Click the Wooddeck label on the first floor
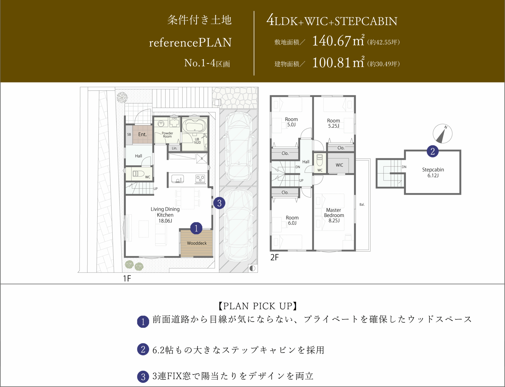point(197,243)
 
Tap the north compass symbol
point(442,134)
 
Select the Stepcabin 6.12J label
point(433,172)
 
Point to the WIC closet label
point(339,165)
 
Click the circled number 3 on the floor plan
point(219,203)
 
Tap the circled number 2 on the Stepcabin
point(433,151)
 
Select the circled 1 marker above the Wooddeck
point(196,228)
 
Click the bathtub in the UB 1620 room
point(194,126)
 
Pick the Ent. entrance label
point(142,134)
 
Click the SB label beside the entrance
point(129,134)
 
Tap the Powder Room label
point(167,135)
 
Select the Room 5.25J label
point(334,123)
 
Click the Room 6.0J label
point(292,220)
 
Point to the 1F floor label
point(127,278)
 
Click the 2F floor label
point(274,257)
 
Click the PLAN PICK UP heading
point(258,306)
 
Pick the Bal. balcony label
point(362,204)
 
